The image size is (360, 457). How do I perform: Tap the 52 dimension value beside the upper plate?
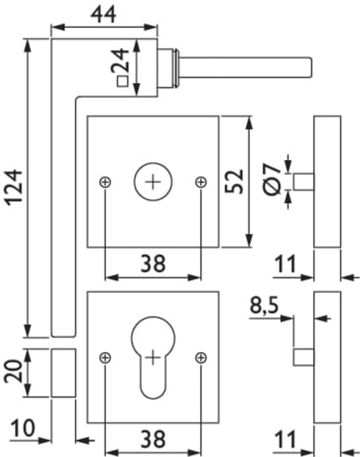click(x=235, y=182)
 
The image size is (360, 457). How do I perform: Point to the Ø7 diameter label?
click(x=272, y=178)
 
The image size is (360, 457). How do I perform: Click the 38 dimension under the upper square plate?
click(x=153, y=263)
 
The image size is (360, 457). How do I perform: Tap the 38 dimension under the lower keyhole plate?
click(x=153, y=439)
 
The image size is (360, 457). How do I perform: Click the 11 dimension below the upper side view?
click(x=285, y=264)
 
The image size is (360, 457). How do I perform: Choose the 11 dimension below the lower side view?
click(x=285, y=439)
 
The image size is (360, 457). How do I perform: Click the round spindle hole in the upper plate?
click(x=152, y=182)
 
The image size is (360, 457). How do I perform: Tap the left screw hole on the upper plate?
click(x=105, y=182)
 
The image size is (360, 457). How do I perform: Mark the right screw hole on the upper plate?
click(x=201, y=182)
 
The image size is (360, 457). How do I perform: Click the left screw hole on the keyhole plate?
click(x=105, y=358)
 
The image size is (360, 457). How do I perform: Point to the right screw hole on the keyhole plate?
click(x=201, y=358)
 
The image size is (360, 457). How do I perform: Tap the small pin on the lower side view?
click(x=304, y=357)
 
